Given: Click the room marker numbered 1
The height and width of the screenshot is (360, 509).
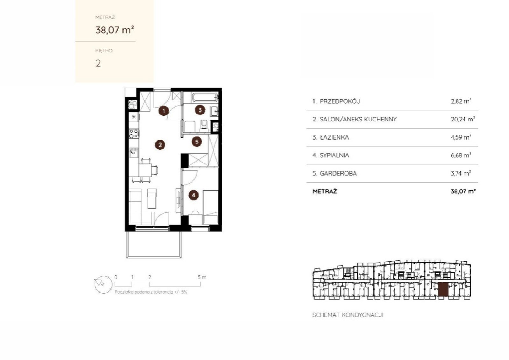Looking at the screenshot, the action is click(164, 111).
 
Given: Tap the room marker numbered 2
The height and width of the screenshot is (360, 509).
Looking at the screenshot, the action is click(160, 145).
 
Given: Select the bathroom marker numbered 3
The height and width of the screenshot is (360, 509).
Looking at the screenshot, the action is click(200, 110).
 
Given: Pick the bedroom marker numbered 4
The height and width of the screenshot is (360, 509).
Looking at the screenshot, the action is click(194, 195).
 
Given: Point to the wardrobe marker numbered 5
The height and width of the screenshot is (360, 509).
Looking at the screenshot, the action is click(197, 142).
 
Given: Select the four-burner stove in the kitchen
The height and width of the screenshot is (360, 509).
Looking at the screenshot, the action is click(134, 134).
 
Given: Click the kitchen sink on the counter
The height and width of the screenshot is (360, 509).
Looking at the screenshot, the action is click(134, 152).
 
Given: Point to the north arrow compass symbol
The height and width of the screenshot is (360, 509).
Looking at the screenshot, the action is click(103, 285).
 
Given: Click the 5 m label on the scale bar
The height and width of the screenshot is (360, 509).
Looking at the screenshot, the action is click(202, 277).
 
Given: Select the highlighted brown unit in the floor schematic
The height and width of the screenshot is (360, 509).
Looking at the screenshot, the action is click(443, 289).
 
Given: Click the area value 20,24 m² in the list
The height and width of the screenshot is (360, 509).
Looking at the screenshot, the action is click(463, 119).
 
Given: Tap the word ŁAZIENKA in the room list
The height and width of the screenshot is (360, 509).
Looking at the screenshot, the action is click(334, 137).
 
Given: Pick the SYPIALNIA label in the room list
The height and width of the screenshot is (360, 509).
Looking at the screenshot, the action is click(334, 156).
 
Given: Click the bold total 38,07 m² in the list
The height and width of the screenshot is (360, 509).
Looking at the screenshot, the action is click(463, 191).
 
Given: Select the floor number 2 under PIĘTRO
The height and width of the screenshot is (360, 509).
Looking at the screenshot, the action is click(98, 63).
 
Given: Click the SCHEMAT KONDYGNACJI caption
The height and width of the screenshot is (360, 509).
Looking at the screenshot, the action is click(348, 315).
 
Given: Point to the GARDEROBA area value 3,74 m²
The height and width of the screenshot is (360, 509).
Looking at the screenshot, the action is click(461, 173).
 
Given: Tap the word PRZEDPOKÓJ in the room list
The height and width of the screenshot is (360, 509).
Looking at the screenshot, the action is click(340, 101).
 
